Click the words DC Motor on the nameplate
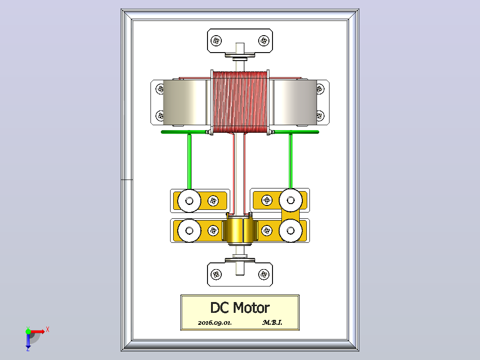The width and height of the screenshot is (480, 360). [240, 307]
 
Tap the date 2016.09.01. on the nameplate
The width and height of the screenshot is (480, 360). [215, 323]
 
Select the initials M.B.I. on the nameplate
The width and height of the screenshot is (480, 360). [272, 322]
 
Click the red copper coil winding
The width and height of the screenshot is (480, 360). [240, 102]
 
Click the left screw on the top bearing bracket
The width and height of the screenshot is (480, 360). [216, 41]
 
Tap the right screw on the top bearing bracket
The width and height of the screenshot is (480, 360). [264, 41]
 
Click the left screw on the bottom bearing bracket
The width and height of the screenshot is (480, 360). [216, 274]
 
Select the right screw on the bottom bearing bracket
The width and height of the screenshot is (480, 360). [264, 274]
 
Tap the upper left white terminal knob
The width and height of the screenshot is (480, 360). [189, 200]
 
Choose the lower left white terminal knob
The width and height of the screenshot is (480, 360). [189, 230]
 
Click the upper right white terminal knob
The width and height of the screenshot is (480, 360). [290, 200]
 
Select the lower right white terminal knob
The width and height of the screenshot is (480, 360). [290, 230]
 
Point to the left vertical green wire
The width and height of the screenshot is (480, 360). [189, 161]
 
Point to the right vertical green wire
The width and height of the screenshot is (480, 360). [290, 161]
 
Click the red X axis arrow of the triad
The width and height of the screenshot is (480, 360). [38, 331]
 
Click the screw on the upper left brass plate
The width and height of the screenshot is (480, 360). [213, 201]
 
